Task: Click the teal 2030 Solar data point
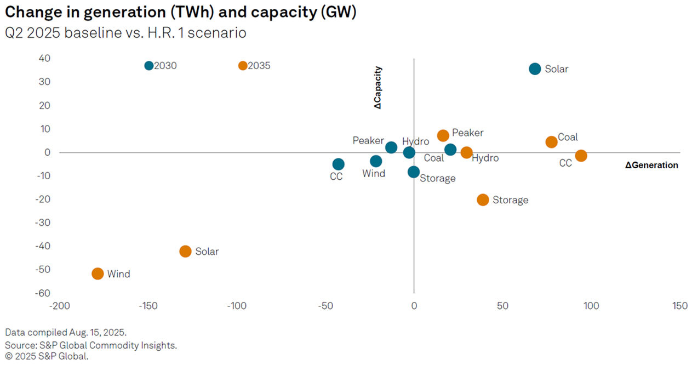pyautogui.click(x=535, y=69)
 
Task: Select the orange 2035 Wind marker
pyautogui.click(x=98, y=273)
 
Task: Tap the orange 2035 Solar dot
pyautogui.click(x=185, y=252)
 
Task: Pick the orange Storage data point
pyautogui.click(x=483, y=199)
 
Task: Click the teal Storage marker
pyautogui.click(x=414, y=172)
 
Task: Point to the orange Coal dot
pyautogui.click(x=551, y=142)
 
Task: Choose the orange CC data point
pyautogui.click(x=581, y=156)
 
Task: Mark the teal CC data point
pyautogui.click(x=339, y=164)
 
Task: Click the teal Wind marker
pyautogui.click(x=376, y=161)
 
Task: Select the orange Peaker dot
pyautogui.click(x=443, y=135)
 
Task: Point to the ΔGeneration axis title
pyautogui.click(x=651, y=165)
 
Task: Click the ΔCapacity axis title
pyautogui.click(x=378, y=87)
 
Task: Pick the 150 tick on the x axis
pyautogui.click(x=679, y=306)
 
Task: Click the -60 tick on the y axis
pyautogui.click(x=43, y=293)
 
